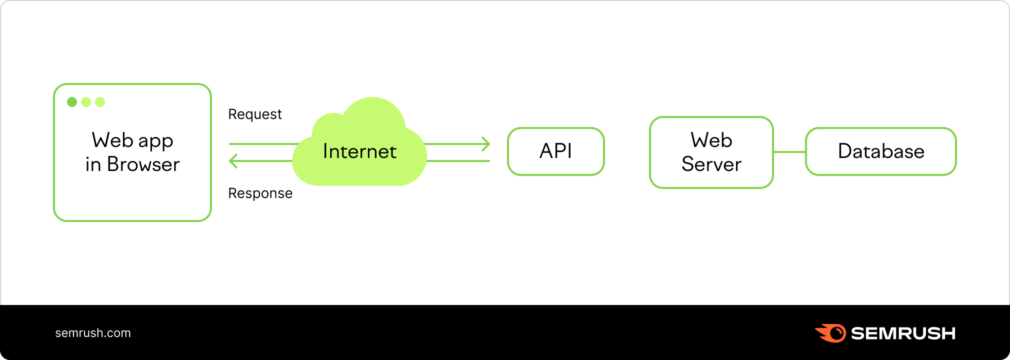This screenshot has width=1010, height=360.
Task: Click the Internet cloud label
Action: pyautogui.click(x=359, y=151)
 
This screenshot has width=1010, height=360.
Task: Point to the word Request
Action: pyautogui.click(x=255, y=114)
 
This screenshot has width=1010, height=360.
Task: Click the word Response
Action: pyautogui.click(x=260, y=193)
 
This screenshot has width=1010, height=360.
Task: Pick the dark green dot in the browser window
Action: pyautogui.click(x=72, y=102)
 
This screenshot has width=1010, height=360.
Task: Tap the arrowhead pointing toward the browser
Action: pyautogui.click(x=233, y=161)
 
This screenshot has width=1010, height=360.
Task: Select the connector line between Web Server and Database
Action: pyautogui.click(x=789, y=152)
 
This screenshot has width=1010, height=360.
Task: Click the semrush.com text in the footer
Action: pyautogui.click(x=93, y=333)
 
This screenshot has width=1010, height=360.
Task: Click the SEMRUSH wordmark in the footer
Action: pyautogui.click(x=903, y=333)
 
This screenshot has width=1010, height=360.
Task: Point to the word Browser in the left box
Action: pyautogui.click(x=143, y=164)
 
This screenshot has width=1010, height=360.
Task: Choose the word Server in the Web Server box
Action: pyautogui.click(x=711, y=164)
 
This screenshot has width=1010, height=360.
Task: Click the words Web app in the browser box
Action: pyautogui.click(x=132, y=141)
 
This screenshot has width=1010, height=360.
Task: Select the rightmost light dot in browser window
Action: pyautogui.click(x=100, y=102)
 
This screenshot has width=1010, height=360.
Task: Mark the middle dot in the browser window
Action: pyautogui.click(x=86, y=102)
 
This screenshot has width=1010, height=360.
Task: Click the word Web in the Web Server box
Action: pyautogui.click(x=711, y=140)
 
